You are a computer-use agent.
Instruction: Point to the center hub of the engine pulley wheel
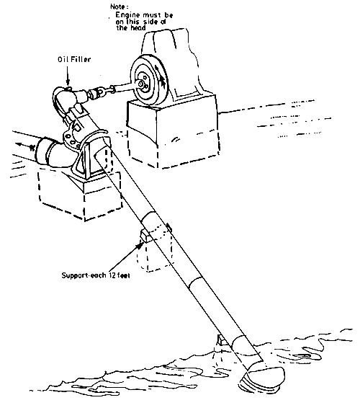[x=147, y=82]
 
